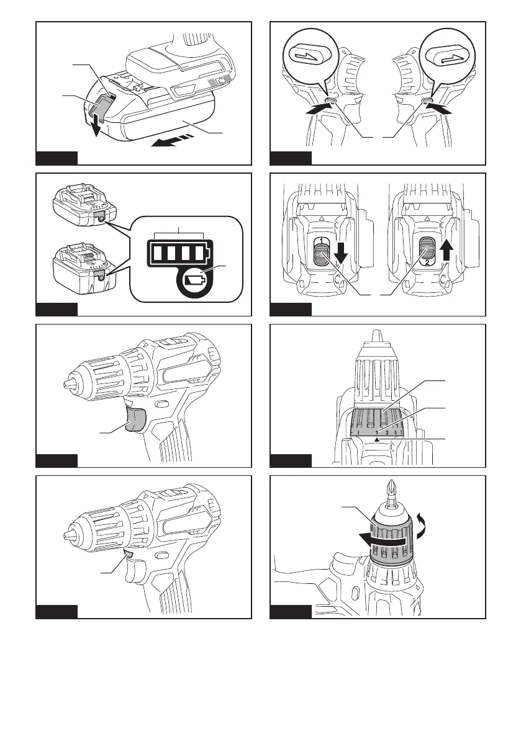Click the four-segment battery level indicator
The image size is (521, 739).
click(x=179, y=253)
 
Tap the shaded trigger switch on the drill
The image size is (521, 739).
click(x=135, y=419)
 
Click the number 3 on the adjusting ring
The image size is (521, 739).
click(x=386, y=432)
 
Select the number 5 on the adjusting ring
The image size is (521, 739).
click(x=396, y=432)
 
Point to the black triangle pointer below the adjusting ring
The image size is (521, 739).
click(x=376, y=439)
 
